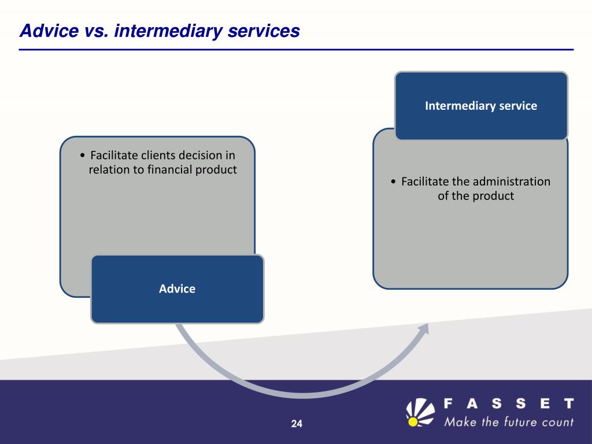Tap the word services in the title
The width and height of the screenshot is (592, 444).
(260, 31)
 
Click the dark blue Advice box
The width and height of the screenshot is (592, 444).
(177, 288)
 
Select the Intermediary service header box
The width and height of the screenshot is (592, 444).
(481, 106)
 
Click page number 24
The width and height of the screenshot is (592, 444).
(297, 424)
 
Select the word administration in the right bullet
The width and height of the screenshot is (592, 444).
(506, 182)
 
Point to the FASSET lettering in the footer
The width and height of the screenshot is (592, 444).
(509, 403)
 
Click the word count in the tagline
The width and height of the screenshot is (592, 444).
(557, 421)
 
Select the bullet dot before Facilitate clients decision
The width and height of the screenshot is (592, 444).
(84, 156)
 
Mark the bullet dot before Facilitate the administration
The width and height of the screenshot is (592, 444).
(393, 182)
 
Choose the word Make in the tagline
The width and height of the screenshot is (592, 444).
(461, 421)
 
